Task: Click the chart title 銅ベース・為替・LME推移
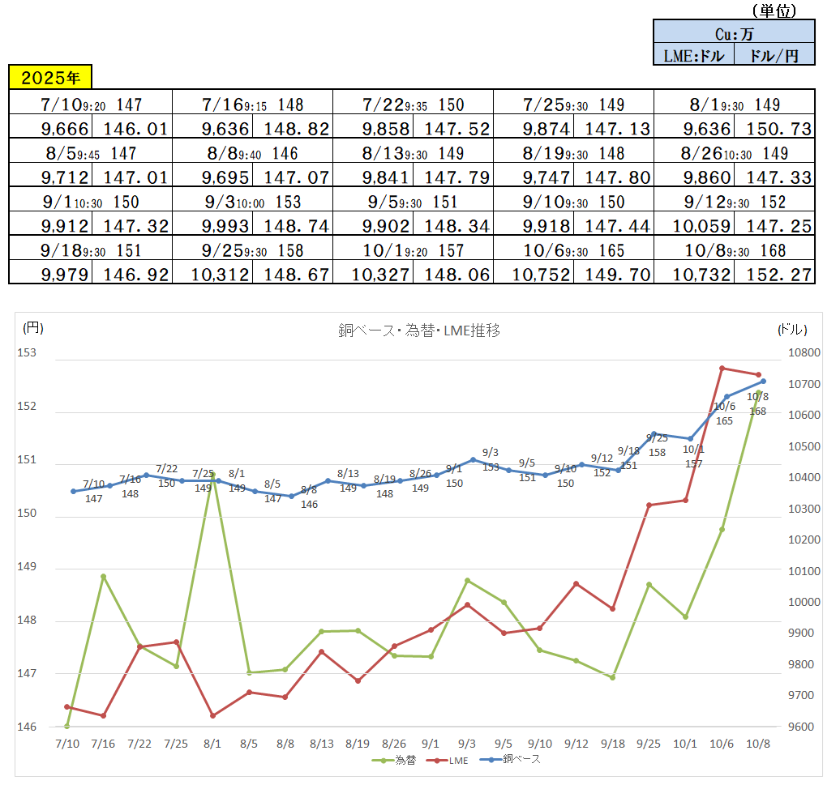(x=418, y=331)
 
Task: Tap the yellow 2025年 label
(x=50, y=78)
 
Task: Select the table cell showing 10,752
(x=542, y=275)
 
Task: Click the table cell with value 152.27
(x=774, y=275)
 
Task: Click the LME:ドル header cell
(x=692, y=55)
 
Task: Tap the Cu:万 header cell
(x=733, y=34)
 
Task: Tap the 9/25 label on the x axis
(x=649, y=744)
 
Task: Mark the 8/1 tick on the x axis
(x=213, y=744)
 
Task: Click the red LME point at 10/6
(x=722, y=368)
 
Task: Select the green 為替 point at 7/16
(x=103, y=577)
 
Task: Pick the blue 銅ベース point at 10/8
(x=763, y=381)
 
